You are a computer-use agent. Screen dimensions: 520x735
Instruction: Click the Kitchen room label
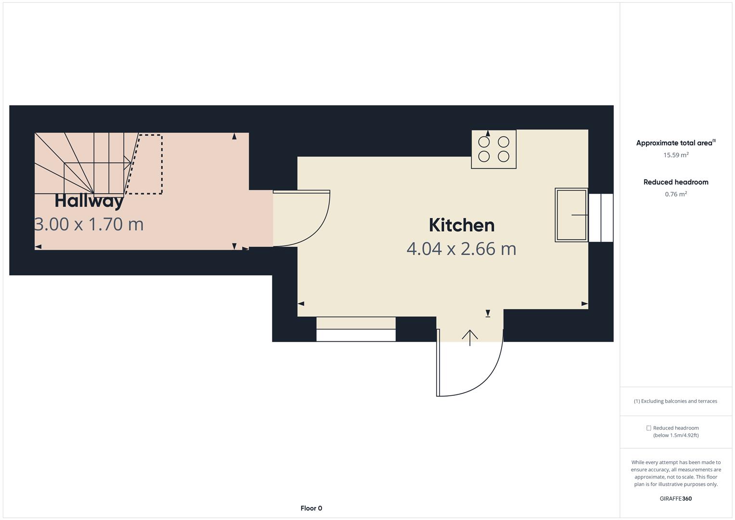pyautogui.click(x=461, y=225)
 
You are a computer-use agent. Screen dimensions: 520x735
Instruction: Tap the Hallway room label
pyautogui.click(x=89, y=201)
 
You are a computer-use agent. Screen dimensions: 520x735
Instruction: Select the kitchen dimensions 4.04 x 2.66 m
pyautogui.click(x=461, y=249)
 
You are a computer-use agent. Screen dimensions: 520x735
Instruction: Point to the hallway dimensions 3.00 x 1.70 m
pyautogui.click(x=90, y=224)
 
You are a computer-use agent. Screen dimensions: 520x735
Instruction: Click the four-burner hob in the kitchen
pyautogui.click(x=493, y=149)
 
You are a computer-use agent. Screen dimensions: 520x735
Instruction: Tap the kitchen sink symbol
pyautogui.click(x=571, y=215)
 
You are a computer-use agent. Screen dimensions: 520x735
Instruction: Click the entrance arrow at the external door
pyautogui.click(x=470, y=337)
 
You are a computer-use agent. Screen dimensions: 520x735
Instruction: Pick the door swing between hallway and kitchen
pyautogui.click(x=303, y=219)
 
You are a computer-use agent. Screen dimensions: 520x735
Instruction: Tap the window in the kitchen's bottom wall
pyautogui.click(x=356, y=330)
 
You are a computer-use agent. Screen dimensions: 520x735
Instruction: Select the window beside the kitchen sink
pyautogui.click(x=601, y=218)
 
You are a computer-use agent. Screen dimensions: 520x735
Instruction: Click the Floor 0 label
pyautogui.click(x=311, y=508)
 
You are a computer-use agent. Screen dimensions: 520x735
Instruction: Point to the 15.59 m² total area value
pyautogui.click(x=676, y=155)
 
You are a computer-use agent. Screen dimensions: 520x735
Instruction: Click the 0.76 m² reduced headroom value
pyautogui.click(x=676, y=194)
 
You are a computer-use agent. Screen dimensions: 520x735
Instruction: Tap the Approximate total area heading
pyautogui.click(x=675, y=143)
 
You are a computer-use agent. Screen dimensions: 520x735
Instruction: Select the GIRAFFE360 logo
pyautogui.click(x=675, y=498)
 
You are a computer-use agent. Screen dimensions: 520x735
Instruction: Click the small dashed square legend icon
pyautogui.click(x=648, y=428)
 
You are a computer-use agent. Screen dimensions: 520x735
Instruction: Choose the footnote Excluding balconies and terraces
pyautogui.click(x=675, y=401)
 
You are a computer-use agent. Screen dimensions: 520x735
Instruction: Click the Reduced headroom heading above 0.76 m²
pyautogui.click(x=675, y=182)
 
